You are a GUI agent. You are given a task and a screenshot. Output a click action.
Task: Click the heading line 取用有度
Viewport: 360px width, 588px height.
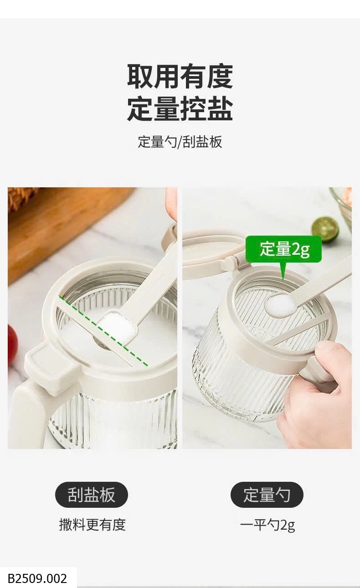pyautogui.click(x=180, y=76)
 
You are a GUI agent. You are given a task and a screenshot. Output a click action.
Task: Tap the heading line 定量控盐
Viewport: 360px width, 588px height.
pyautogui.click(x=180, y=108)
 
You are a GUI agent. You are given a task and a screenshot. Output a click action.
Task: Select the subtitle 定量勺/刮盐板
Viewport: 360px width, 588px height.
pyautogui.click(x=180, y=142)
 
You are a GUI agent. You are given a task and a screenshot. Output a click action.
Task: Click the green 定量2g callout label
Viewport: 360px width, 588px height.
pyautogui.click(x=283, y=249)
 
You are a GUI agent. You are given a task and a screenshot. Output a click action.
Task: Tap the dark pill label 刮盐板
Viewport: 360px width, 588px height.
pyautogui.click(x=91, y=495)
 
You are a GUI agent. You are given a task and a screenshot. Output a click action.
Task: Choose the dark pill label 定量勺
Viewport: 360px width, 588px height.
pyautogui.click(x=267, y=495)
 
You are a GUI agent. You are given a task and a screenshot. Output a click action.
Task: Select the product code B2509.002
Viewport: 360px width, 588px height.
pyautogui.click(x=37, y=578)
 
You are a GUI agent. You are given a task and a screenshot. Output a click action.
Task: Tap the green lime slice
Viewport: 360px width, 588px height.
pyautogui.click(x=325, y=229)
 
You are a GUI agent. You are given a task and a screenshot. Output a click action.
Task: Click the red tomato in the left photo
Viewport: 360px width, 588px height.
pyautogui.click(x=12, y=344)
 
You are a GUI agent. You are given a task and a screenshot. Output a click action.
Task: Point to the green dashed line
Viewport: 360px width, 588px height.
pyautogui.click(x=103, y=331)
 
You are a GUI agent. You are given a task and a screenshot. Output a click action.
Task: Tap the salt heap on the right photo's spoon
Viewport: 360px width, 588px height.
pyautogui.click(x=280, y=305)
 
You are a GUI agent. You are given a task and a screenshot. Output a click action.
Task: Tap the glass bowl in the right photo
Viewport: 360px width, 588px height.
pyautogui.click(x=342, y=207)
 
